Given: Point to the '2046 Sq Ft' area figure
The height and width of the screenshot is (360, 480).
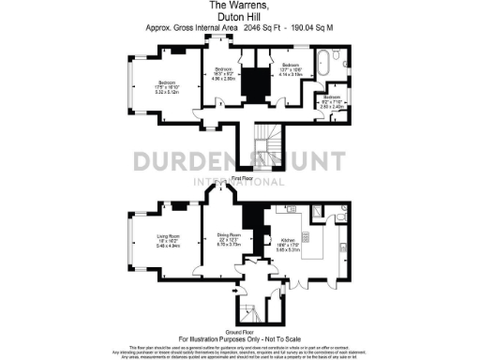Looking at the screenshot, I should pyautogui.click(x=264, y=28).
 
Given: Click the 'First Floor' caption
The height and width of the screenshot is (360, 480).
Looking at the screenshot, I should pyautogui.click(x=244, y=177).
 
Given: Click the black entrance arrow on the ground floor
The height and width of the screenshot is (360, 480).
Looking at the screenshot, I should pyautogui.click(x=232, y=294).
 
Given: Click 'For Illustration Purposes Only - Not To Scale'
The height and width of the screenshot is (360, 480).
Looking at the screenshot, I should pyautogui.click(x=239, y=337).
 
